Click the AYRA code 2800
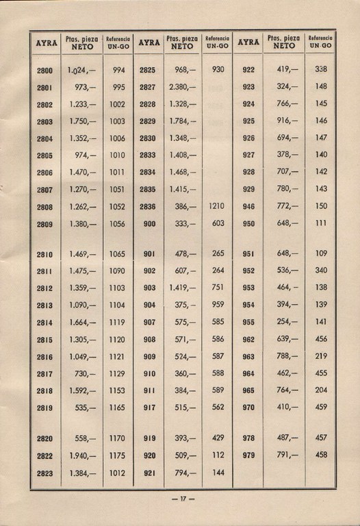click(44, 70)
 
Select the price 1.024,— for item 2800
click(82, 70)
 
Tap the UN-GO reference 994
click(118, 70)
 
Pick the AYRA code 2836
click(148, 205)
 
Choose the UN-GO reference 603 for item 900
click(218, 223)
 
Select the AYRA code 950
click(248, 223)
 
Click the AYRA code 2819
click(44, 408)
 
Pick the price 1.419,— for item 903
click(182, 288)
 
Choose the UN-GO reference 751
click(218, 288)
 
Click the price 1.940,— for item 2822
click(82, 455)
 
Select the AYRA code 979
click(248, 455)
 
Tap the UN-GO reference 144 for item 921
click(218, 473)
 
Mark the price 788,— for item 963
click(287, 356)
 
